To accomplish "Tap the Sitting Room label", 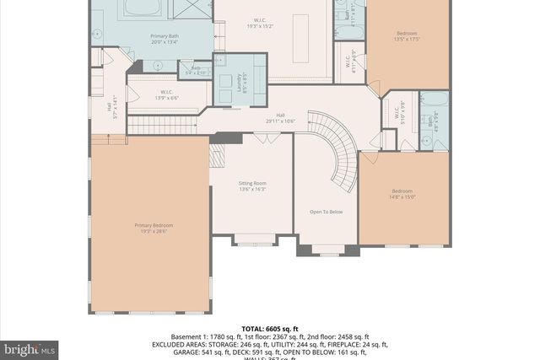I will (x=251, y=185).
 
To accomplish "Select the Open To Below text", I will (x=326, y=212).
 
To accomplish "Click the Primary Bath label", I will (x=165, y=38).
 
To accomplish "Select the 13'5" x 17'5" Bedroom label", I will (x=407, y=36).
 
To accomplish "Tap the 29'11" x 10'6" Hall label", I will (x=280, y=118).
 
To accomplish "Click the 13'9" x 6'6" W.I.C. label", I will (x=167, y=95).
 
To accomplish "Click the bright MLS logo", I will (x=30, y=347).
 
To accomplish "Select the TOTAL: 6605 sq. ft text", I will (x=270, y=328).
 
